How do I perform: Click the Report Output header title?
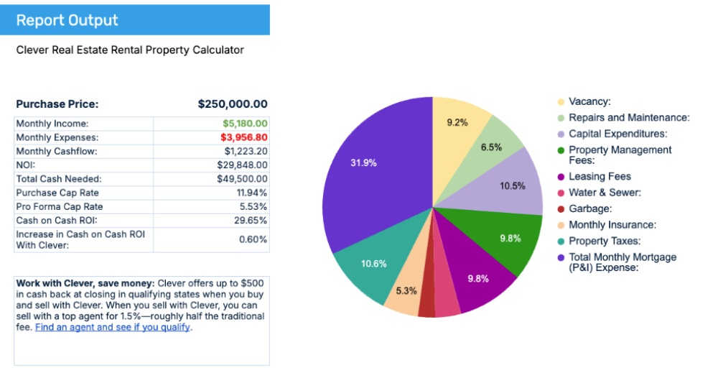(x=67, y=20)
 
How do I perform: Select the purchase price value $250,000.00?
(x=233, y=104)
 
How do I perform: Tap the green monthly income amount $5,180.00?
(x=245, y=124)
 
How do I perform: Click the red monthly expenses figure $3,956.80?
(x=244, y=137)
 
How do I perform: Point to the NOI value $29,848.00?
(x=242, y=165)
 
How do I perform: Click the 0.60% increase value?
(x=253, y=239)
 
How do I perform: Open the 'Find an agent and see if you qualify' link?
(x=113, y=327)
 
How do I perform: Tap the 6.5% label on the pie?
(x=491, y=147)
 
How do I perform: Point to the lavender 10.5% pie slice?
(x=513, y=185)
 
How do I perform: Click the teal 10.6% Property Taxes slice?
(x=374, y=264)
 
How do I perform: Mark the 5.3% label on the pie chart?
(x=406, y=290)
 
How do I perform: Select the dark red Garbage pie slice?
(x=427, y=302)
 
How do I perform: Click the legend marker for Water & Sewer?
(x=560, y=193)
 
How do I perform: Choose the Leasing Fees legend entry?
(x=600, y=176)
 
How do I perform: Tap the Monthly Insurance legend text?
(x=612, y=225)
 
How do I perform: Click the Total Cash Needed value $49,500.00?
(x=242, y=179)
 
